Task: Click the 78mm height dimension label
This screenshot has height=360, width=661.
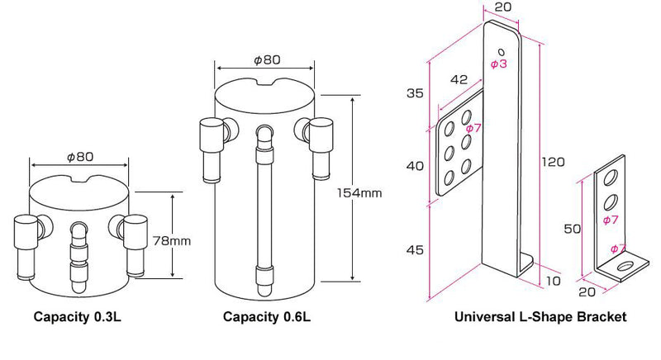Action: click(x=172, y=241)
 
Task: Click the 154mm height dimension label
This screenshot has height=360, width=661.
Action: click(x=359, y=193)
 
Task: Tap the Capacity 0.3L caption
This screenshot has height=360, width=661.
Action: click(x=77, y=316)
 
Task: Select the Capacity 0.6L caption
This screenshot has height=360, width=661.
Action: click(x=266, y=316)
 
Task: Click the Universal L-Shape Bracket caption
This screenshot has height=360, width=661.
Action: click(x=540, y=316)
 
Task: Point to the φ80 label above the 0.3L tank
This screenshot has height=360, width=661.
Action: click(x=80, y=157)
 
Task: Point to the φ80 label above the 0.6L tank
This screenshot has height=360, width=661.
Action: click(x=266, y=60)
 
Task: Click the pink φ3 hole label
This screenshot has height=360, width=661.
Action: click(x=499, y=64)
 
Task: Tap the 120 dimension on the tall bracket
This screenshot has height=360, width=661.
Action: click(x=553, y=162)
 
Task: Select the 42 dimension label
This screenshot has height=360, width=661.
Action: click(x=459, y=79)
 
